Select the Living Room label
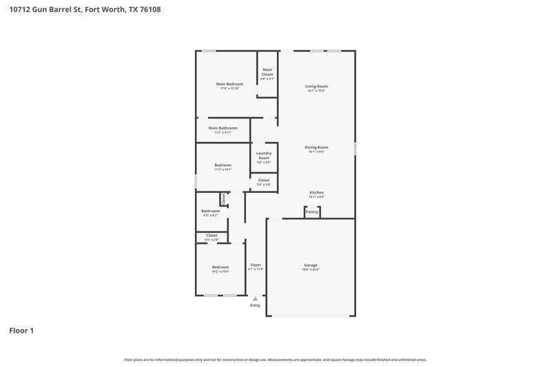click(x=317, y=86)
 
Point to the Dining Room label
click(x=317, y=147)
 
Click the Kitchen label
click(x=317, y=192)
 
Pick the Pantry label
click(x=312, y=212)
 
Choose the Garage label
click(x=311, y=264)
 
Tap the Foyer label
click(x=256, y=264)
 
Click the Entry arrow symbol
click(x=256, y=299)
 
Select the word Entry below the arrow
click(x=256, y=306)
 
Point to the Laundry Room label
click(x=264, y=156)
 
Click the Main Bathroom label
click(x=223, y=127)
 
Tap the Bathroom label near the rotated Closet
click(x=210, y=211)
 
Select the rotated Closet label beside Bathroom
click(x=224, y=198)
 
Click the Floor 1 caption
click(x=21, y=331)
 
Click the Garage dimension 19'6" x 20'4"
click(x=311, y=269)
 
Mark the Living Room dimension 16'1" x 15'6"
click(x=317, y=91)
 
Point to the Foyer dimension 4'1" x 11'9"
click(x=256, y=269)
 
